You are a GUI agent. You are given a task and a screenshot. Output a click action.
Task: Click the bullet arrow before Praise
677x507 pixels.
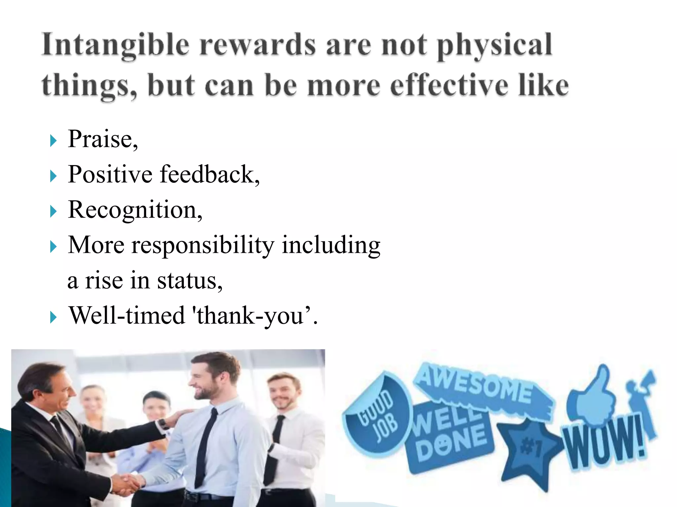click(53, 141)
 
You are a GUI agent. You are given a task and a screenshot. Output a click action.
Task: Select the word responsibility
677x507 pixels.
click(203, 245)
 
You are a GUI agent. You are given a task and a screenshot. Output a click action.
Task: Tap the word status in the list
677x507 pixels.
click(188, 281)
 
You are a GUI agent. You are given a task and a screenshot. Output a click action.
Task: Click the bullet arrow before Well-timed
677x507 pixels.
click(53, 318)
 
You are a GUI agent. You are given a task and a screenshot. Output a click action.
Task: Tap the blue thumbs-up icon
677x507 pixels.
click(592, 396)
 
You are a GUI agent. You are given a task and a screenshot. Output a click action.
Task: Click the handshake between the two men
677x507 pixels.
click(127, 484)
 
